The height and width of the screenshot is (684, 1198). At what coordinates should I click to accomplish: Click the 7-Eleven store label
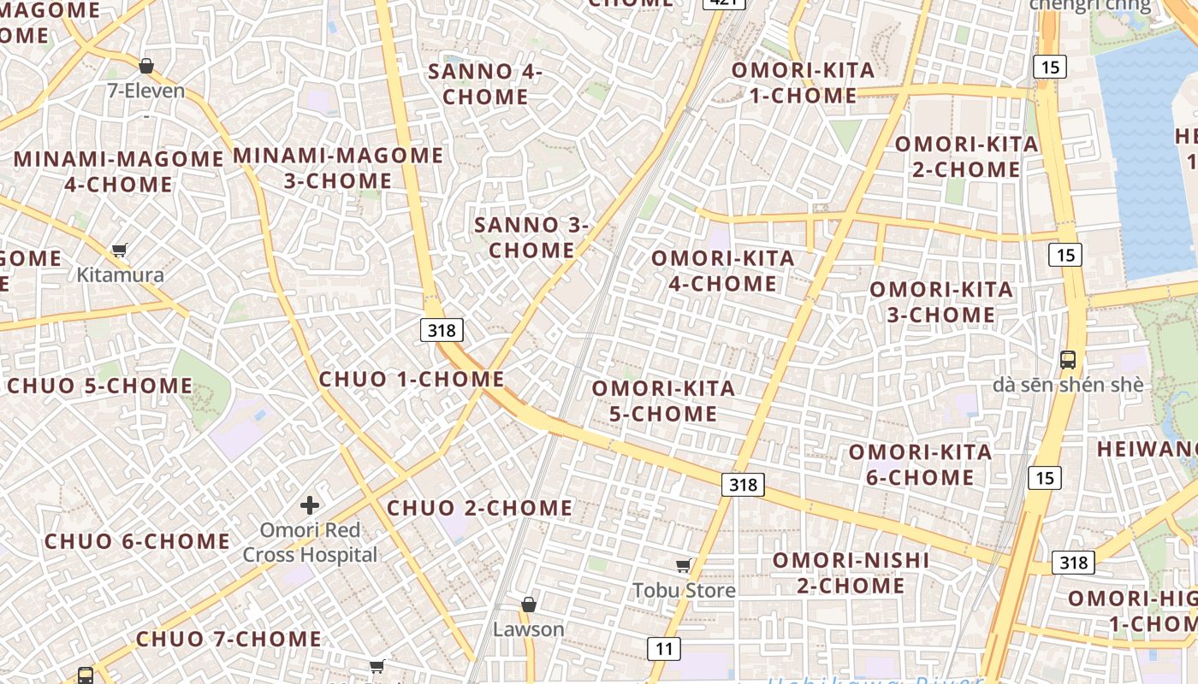[x=146, y=91]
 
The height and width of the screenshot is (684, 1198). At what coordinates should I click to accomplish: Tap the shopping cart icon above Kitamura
[x=120, y=251]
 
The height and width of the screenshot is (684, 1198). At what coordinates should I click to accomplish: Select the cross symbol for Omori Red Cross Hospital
[x=310, y=505]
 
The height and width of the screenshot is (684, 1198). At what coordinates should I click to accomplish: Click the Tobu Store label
[x=684, y=591]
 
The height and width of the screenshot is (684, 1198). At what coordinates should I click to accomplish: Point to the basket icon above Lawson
[x=529, y=604]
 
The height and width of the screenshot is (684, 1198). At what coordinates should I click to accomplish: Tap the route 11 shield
[x=664, y=649]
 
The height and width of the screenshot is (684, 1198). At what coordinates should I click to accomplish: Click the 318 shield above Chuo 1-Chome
[x=442, y=330]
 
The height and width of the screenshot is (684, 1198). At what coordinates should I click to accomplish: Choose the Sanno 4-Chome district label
[x=485, y=84]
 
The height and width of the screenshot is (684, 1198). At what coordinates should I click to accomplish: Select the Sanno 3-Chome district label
[x=531, y=238]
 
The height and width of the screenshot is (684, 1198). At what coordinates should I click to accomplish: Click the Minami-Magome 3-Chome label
[x=338, y=168]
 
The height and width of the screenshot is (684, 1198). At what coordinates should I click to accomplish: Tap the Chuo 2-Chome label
[x=479, y=508]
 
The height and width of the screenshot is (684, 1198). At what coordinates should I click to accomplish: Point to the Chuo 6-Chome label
[x=137, y=541]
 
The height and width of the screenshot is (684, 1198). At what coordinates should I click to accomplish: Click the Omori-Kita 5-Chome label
[x=663, y=401]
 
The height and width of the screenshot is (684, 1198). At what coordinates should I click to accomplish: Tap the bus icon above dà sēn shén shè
[x=1068, y=359]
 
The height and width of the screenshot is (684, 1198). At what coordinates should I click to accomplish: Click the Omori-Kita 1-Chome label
[x=803, y=83]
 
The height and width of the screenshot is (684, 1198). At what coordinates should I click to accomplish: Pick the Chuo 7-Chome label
[x=228, y=639]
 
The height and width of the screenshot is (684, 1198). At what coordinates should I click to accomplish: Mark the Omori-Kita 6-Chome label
[x=920, y=464]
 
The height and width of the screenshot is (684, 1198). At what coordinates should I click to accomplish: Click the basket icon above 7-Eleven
[x=146, y=66]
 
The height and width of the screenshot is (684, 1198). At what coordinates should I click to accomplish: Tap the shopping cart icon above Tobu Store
[x=683, y=565]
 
